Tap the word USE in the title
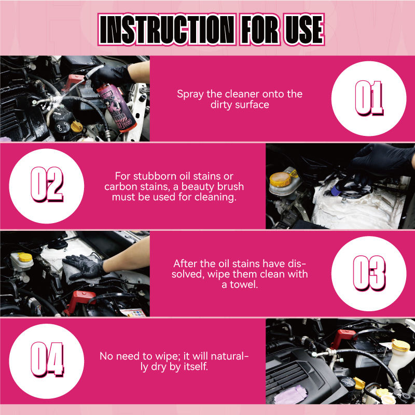point(304,30)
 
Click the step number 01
point(369,98)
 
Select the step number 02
point(47,185)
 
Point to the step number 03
point(369,273)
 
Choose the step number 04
point(47,359)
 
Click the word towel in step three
point(243,284)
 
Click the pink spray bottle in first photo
point(116,107)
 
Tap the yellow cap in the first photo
point(76,127)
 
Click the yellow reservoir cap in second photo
point(281,179)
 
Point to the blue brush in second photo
point(336,190)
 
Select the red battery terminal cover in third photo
point(81,301)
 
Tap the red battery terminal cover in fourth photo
point(343,338)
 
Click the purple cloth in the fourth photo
point(290,395)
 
